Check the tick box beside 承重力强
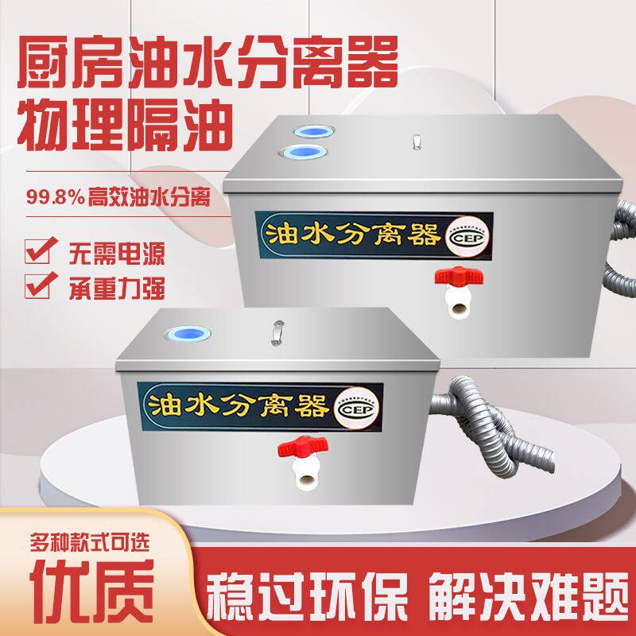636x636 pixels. (36, 284)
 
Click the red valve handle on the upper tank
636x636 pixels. (454, 277)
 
